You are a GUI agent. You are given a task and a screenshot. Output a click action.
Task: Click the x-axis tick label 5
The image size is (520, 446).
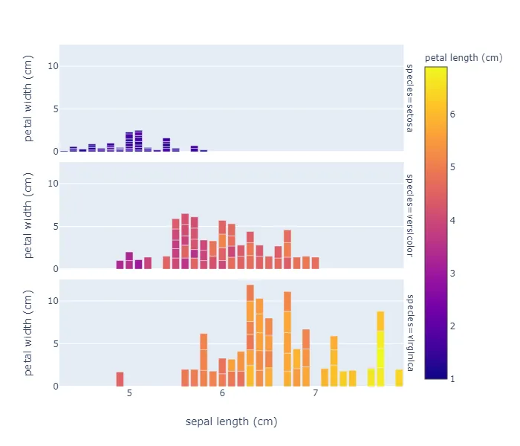[x=129, y=392]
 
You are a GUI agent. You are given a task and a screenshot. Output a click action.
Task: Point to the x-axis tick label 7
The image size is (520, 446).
[x=315, y=392]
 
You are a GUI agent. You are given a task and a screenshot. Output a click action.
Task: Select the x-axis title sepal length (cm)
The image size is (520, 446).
[x=231, y=421]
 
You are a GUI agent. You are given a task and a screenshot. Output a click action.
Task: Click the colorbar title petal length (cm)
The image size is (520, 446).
[x=463, y=57]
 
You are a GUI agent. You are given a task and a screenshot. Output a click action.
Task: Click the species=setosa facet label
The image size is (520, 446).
[x=409, y=97]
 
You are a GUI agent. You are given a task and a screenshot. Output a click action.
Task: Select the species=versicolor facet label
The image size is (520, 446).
[x=409, y=216]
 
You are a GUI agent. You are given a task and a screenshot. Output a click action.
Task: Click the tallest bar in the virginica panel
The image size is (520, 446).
[x=250, y=336]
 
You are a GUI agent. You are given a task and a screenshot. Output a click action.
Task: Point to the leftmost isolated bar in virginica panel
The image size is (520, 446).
[x=120, y=379]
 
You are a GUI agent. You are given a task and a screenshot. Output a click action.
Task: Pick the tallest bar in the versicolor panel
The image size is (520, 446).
[x=185, y=242]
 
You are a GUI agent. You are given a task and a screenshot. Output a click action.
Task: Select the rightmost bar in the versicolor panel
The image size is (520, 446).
[x=315, y=263]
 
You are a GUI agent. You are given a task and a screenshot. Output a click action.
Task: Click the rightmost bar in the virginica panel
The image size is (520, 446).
[x=399, y=378]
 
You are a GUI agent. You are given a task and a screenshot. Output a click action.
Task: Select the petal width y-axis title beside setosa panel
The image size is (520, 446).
[x=29, y=97]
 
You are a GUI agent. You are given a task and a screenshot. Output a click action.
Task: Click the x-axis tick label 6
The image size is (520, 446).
[x=222, y=392]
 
